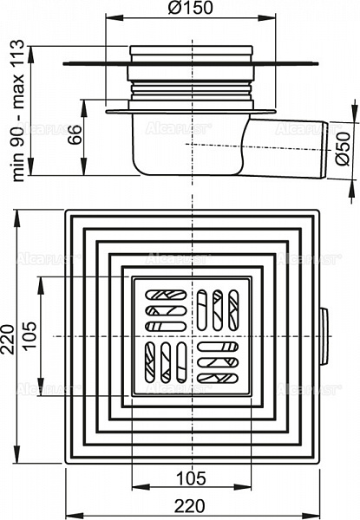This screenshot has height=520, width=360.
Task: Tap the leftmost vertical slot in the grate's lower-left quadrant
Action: point(150,361)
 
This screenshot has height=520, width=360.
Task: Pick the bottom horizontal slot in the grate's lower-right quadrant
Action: point(218,377)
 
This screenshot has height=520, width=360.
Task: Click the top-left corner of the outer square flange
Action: point(65,211)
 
